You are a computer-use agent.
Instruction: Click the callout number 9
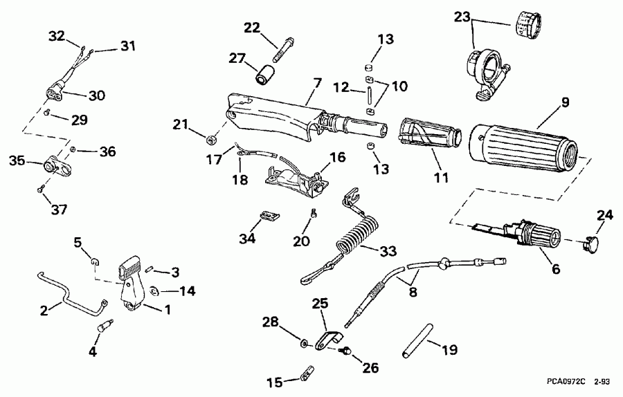[x=565, y=104]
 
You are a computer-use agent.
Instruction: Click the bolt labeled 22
[x=283, y=48]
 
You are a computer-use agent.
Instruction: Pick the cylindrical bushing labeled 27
[x=267, y=73]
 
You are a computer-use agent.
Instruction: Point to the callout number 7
[x=316, y=84]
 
